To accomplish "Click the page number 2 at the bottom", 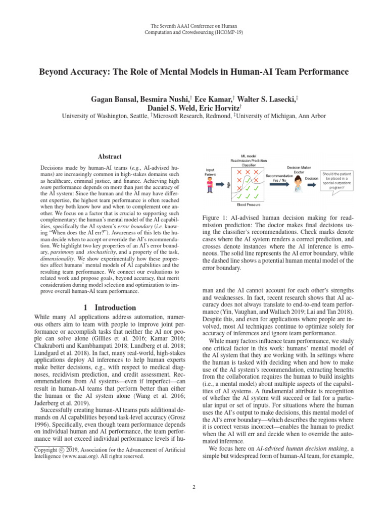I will click(194, 487).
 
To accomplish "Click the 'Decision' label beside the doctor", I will click(311, 178).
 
